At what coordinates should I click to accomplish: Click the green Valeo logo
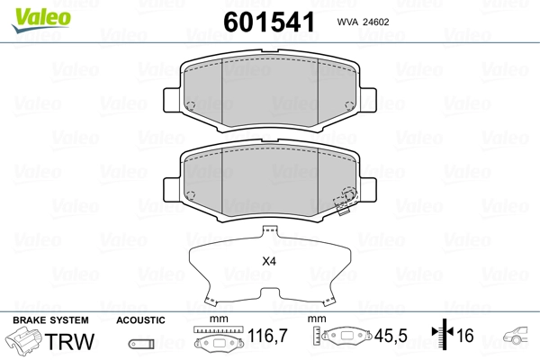(41, 19)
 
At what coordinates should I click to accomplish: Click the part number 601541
(269, 22)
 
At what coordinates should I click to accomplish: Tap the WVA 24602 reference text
(363, 22)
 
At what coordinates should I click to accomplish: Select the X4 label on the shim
(269, 262)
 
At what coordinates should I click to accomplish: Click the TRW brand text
(69, 341)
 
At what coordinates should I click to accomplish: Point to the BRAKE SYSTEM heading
(50, 320)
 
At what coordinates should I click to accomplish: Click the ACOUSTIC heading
(140, 320)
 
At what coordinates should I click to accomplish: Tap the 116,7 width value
(267, 336)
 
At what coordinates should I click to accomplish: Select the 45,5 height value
(391, 336)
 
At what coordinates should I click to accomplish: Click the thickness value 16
(465, 335)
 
